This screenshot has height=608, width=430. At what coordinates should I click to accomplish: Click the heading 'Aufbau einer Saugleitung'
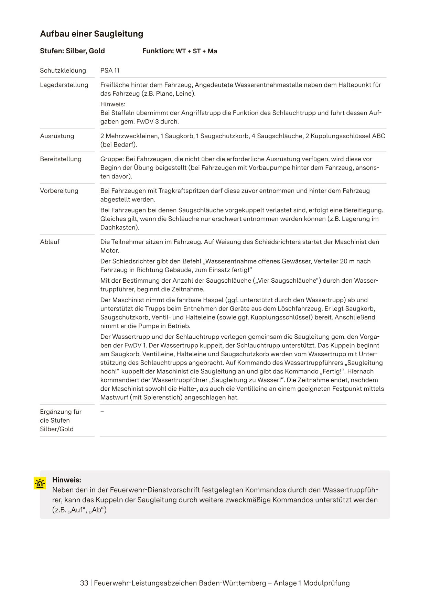[x=92, y=34]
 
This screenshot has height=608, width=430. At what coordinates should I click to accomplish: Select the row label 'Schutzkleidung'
[x=63, y=70]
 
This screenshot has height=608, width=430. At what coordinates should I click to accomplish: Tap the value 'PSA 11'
[x=110, y=70]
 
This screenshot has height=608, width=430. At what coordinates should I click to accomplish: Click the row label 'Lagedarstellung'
[x=64, y=85]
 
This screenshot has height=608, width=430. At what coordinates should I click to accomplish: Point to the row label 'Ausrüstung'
[x=57, y=136]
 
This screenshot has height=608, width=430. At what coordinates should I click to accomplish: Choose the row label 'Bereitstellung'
[x=61, y=159]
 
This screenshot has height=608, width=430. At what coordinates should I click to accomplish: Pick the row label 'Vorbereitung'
[x=59, y=191]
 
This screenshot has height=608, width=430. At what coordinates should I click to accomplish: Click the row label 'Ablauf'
[x=50, y=242]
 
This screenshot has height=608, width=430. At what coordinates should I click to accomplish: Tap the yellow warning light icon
[x=40, y=483]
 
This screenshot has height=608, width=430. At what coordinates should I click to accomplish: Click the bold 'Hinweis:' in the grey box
[x=67, y=480]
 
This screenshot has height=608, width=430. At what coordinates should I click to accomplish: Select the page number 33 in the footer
[x=84, y=583]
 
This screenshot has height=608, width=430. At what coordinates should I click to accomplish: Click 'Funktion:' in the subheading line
[x=158, y=51]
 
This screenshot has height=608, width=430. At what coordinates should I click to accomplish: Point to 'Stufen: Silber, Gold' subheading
[x=72, y=51]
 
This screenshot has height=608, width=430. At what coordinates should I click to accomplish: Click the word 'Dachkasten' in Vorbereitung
[x=119, y=227]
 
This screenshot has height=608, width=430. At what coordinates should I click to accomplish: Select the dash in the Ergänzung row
[x=102, y=412]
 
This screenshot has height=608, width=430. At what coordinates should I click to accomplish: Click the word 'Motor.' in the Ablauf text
[x=110, y=250]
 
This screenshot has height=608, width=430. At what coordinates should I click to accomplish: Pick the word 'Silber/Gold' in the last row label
[x=57, y=429]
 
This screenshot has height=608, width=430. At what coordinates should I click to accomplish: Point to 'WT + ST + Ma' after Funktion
[x=196, y=51]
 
